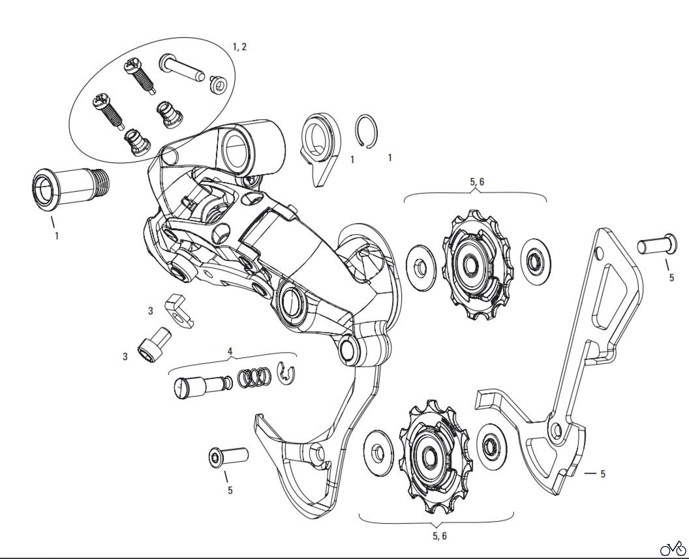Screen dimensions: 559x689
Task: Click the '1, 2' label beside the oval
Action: pos(240,47)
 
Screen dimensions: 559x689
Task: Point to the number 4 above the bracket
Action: pos(230,351)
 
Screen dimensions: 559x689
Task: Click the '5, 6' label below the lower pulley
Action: pos(440,536)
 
